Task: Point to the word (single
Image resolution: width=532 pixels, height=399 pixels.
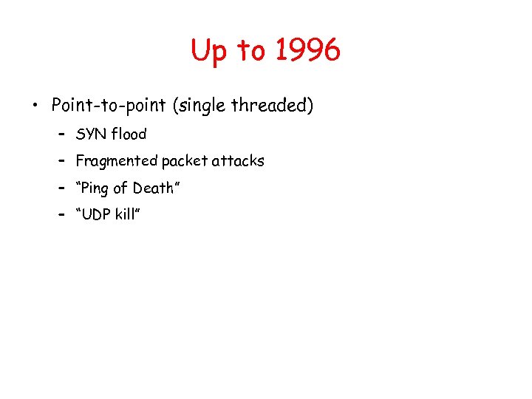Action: pyautogui.click(x=199, y=106)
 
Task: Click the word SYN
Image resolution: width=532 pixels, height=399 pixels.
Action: pyautogui.click(x=92, y=134)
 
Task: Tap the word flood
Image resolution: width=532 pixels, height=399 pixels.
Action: pyautogui.click(x=129, y=134)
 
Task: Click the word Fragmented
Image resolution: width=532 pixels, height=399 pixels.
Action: pyautogui.click(x=116, y=160)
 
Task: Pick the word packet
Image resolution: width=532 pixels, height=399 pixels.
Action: pyautogui.click(x=185, y=160)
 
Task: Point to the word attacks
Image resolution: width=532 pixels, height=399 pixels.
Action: pyautogui.click(x=238, y=160)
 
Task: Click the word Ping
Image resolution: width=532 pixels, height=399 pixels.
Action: pyautogui.click(x=97, y=188)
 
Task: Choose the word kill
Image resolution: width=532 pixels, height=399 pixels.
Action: pyautogui.click(x=127, y=214)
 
